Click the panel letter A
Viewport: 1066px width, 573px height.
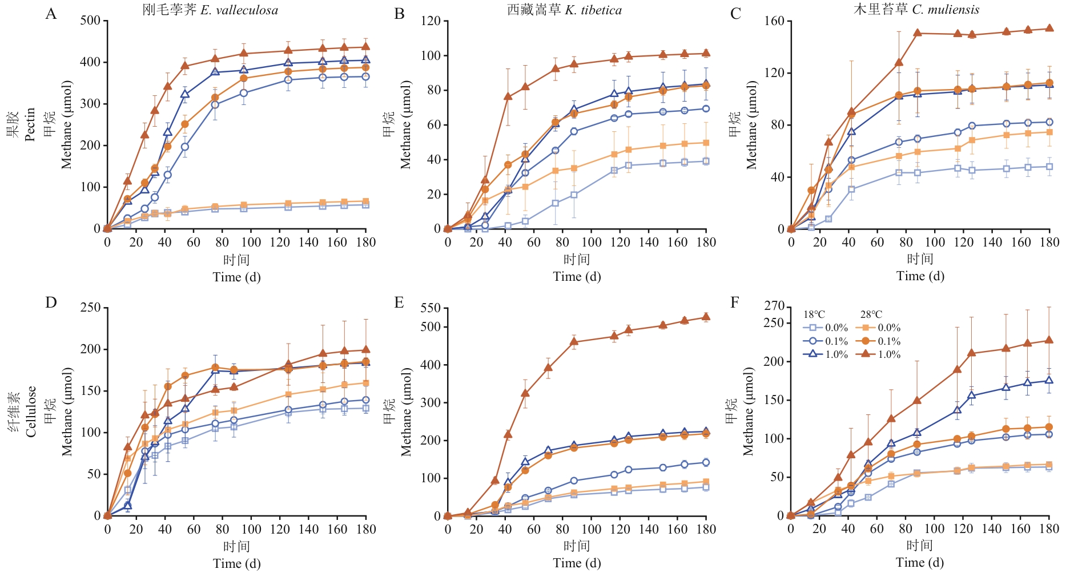(51, 14)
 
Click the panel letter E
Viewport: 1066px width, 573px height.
(399, 302)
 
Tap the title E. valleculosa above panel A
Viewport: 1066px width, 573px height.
(239, 10)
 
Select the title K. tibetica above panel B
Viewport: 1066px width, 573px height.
(593, 10)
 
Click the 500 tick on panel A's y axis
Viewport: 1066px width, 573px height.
(90, 21)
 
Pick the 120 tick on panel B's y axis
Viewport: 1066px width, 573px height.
(431, 21)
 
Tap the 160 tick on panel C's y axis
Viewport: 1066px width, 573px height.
(775, 21)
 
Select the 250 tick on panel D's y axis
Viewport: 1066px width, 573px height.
(90, 308)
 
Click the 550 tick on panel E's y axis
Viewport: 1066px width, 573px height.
(431, 308)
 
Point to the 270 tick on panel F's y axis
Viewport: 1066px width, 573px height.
(775, 306)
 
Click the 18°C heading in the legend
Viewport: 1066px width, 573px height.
(814, 314)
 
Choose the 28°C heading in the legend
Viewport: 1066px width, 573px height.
(871, 314)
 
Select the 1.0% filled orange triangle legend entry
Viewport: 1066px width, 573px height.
(879, 354)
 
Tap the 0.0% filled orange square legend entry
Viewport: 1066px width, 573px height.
(879, 328)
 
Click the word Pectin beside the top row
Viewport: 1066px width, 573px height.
(31, 124)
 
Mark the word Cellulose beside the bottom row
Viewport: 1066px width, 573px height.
(31, 411)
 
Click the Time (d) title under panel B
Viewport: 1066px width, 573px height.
(577, 277)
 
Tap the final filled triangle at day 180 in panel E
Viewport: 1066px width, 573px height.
(706, 317)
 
